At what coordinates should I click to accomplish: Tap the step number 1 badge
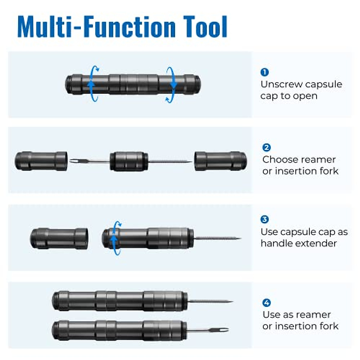[x=265, y=72]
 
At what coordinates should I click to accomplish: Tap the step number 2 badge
[x=266, y=148]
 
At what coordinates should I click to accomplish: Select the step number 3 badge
[x=265, y=219]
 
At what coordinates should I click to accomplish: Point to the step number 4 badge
[x=266, y=302]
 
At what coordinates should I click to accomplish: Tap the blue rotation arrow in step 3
[x=115, y=238]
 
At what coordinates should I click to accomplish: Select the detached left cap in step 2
[x=41, y=161]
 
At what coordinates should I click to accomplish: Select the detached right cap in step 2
[x=220, y=161]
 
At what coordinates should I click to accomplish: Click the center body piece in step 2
[x=129, y=161]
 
